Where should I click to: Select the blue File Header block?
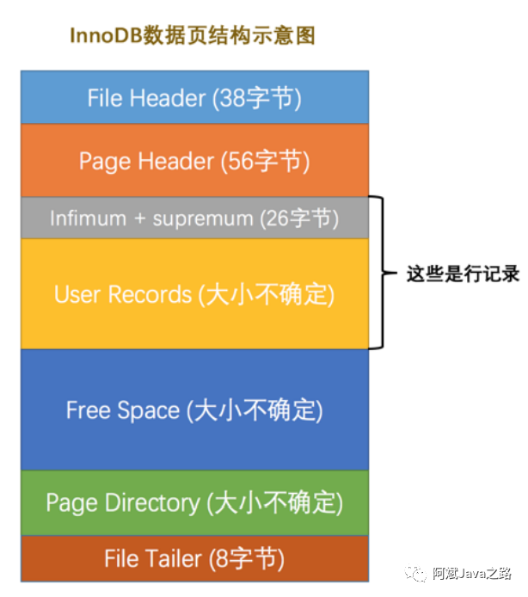[194, 97]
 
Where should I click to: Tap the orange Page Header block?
[194, 161]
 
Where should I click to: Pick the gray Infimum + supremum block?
[194, 218]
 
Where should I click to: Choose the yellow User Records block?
[194, 294]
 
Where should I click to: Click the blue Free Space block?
[194, 409]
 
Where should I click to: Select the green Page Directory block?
[194, 502]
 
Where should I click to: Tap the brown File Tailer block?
[194, 559]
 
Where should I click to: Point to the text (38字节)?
[256, 98]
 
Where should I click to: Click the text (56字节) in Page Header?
[266, 161]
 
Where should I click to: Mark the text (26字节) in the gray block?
[299, 218]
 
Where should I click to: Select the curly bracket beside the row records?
[378, 273]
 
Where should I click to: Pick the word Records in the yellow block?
[151, 294]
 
